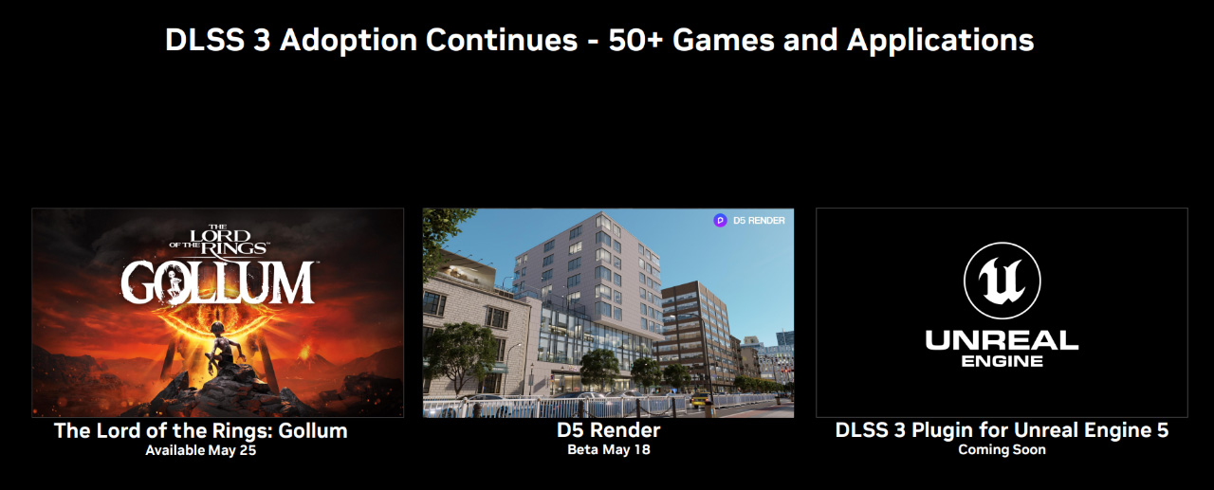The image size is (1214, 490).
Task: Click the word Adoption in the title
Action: (x=348, y=41)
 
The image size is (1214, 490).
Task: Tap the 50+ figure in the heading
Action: (x=635, y=40)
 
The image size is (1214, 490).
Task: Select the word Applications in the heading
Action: (x=940, y=41)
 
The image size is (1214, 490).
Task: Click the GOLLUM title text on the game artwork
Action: (x=217, y=282)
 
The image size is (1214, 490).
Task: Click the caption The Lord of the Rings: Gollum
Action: (x=200, y=431)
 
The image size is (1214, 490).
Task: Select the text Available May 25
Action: (x=200, y=450)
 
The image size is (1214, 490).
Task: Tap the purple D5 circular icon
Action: (x=720, y=221)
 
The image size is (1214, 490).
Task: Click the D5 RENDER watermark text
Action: (x=759, y=221)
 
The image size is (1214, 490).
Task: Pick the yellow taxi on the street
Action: (x=700, y=401)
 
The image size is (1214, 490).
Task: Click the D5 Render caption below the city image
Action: (x=609, y=430)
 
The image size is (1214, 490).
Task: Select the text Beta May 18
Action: (x=609, y=449)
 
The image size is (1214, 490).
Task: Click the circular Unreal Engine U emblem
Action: (x=1002, y=281)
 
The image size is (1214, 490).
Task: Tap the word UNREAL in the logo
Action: (x=1002, y=340)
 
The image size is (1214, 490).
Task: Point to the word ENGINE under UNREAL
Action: (x=1002, y=361)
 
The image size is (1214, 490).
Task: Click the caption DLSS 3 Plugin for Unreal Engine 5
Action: (x=1002, y=430)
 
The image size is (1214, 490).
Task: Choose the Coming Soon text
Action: (x=1002, y=449)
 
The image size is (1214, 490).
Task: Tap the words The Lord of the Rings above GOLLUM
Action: (x=217, y=241)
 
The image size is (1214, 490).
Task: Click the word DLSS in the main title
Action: (x=204, y=41)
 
